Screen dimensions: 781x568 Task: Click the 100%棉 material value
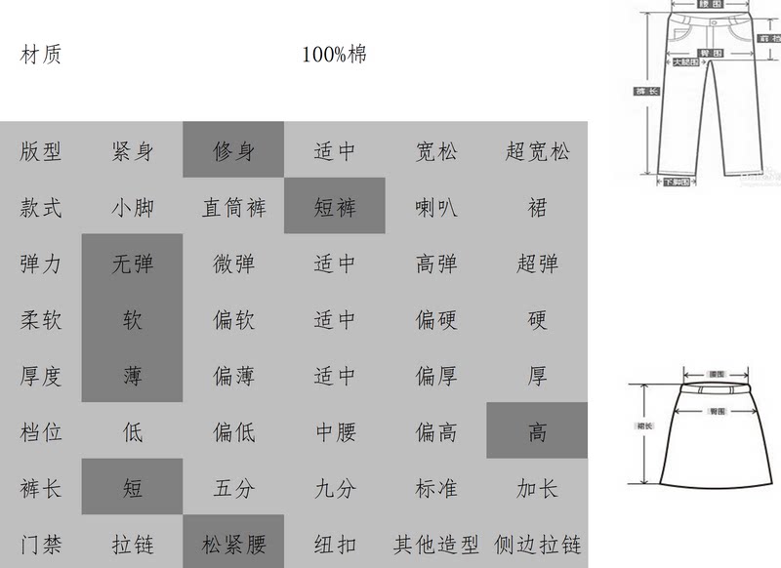[334, 55]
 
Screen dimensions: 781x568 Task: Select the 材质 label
[41, 55]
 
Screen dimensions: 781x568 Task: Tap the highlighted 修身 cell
[233, 151]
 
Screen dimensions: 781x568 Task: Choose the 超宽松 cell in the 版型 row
[537, 151]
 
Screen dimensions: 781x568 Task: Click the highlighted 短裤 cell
[335, 208]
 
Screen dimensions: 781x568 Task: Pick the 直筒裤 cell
[233, 208]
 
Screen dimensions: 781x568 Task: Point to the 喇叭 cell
[435, 208]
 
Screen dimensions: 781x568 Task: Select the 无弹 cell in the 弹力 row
[132, 264]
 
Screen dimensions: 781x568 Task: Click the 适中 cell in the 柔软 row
[335, 320]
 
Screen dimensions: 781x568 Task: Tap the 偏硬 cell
[435, 320]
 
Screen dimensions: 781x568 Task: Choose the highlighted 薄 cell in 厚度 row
[132, 376]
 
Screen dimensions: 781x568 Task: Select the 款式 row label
[41, 208]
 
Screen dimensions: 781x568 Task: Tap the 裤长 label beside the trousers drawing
[646, 91]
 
